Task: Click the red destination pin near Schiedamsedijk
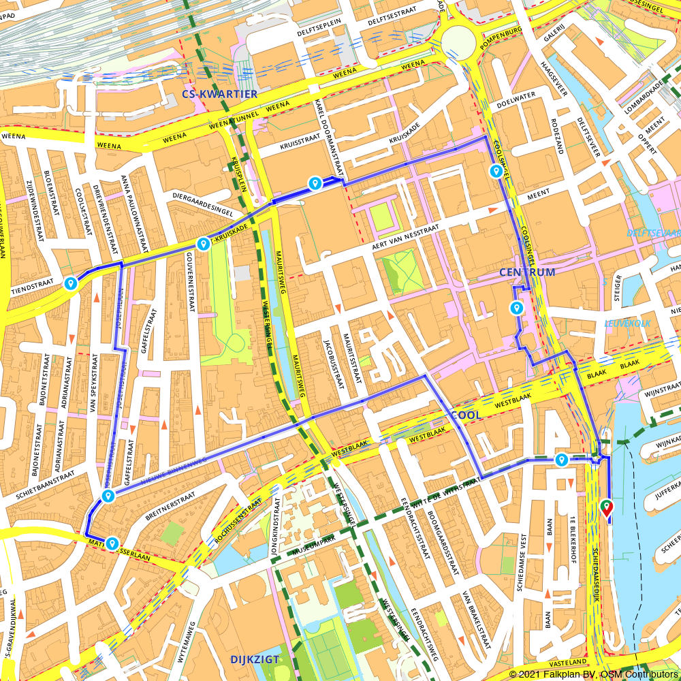[606, 508]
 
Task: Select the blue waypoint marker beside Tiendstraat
[71, 283]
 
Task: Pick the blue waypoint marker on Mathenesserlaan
[111, 543]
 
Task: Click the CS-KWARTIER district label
[219, 93]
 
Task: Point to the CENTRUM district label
[526, 272]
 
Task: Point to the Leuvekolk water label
[627, 323]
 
